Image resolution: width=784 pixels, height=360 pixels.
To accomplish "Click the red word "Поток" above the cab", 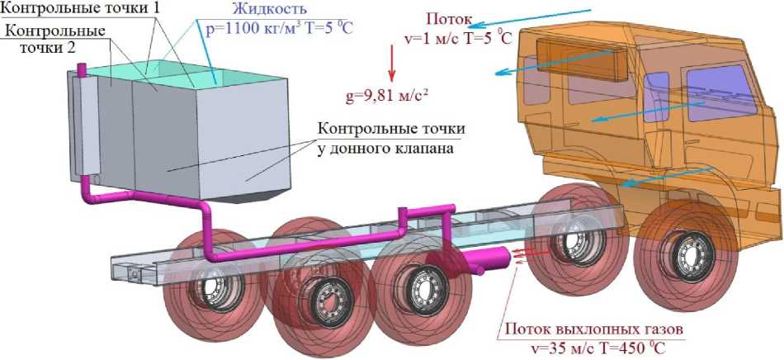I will [x=451, y=18].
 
